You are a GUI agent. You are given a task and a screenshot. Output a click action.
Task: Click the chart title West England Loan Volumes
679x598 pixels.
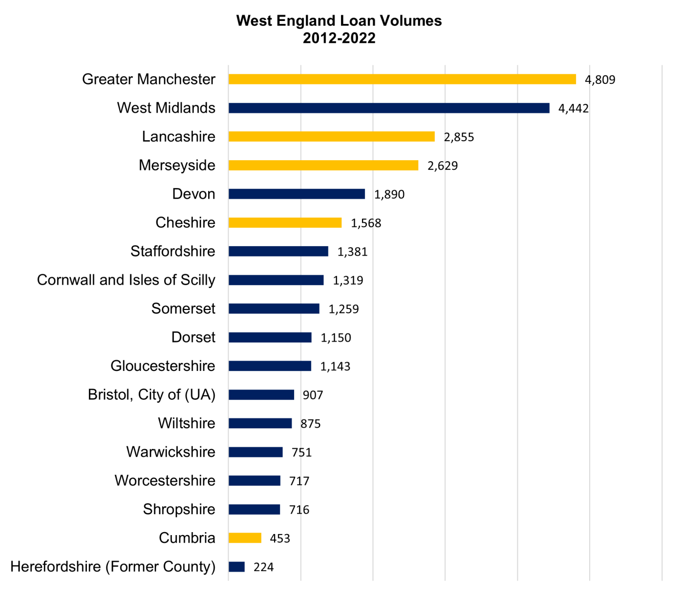(x=339, y=21)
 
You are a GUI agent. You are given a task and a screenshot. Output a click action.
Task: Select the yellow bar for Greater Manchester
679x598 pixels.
(x=402, y=79)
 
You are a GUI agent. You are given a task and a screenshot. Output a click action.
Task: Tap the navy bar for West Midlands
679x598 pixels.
(x=389, y=108)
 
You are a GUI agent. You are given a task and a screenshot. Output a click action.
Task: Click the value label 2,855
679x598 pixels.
(x=459, y=137)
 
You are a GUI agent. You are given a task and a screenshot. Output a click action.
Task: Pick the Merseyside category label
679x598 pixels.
(x=177, y=165)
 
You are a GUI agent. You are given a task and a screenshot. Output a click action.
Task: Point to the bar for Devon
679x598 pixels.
(x=297, y=194)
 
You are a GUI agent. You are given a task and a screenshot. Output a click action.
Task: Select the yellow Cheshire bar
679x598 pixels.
(x=285, y=223)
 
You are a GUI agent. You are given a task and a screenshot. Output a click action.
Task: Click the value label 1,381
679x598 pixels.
(x=352, y=252)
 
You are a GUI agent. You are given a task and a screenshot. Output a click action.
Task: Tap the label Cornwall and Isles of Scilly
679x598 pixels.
(x=126, y=280)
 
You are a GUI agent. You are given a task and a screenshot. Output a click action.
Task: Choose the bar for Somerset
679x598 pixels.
(x=274, y=309)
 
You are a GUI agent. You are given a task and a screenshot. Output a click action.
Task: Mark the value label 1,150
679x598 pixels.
(x=336, y=338)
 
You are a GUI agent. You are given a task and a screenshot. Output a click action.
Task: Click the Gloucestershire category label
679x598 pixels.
(x=163, y=366)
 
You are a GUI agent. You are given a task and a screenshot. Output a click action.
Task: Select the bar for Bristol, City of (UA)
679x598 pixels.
(x=261, y=395)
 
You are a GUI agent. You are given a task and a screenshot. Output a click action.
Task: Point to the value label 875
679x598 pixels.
(x=311, y=424)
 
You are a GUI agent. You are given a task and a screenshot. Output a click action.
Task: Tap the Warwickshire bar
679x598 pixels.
(x=256, y=452)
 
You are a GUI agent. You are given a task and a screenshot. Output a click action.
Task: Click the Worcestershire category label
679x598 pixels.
(x=165, y=481)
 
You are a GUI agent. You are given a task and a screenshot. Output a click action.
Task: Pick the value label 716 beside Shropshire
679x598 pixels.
(x=299, y=510)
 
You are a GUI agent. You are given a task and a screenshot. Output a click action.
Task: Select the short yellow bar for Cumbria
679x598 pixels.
(x=245, y=538)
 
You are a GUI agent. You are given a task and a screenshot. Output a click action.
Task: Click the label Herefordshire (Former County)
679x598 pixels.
(x=113, y=567)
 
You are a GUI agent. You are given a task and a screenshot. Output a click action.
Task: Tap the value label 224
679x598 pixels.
(x=264, y=567)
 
